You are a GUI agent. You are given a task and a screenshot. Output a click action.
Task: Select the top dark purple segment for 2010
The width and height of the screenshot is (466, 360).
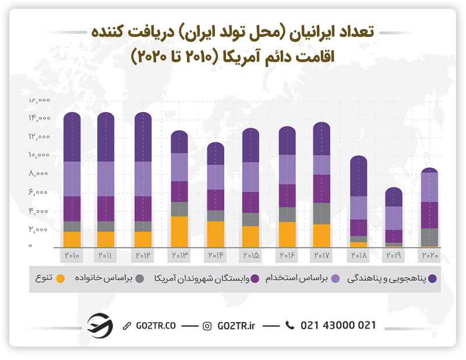point(72,137)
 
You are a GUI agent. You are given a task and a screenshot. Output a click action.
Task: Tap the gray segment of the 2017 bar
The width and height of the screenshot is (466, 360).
point(321,213)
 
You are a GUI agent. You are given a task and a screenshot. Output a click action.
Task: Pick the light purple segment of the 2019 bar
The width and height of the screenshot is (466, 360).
point(394,218)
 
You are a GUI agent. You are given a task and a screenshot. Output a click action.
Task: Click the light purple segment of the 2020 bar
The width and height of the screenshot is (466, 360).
point(429,187)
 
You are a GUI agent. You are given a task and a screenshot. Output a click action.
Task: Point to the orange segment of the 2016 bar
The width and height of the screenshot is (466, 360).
point(287,234)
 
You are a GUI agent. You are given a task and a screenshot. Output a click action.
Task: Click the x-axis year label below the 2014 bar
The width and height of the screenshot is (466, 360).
point(215,255)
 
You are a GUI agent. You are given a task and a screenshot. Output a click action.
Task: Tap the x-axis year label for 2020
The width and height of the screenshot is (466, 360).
point(429,255)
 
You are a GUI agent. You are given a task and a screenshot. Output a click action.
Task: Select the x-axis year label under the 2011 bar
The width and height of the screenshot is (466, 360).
point(105,255)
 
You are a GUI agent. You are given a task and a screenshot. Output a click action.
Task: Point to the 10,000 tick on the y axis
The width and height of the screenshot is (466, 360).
point(39,155)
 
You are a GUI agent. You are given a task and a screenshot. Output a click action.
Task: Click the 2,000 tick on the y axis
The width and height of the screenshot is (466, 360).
point(39,230)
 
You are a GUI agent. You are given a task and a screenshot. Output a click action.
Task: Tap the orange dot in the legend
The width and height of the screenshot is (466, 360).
point(64,278)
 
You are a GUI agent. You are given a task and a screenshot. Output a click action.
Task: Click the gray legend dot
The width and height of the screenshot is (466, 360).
point(140,278)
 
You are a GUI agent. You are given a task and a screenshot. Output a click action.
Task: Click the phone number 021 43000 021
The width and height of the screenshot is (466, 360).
point(338,326)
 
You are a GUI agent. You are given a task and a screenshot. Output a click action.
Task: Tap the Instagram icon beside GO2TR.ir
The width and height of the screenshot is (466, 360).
point(207,326)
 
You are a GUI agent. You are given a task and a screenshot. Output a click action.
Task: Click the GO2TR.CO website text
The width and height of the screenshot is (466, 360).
point(154,326)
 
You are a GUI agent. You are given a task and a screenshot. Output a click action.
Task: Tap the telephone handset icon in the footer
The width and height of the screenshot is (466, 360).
point(290,326)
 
